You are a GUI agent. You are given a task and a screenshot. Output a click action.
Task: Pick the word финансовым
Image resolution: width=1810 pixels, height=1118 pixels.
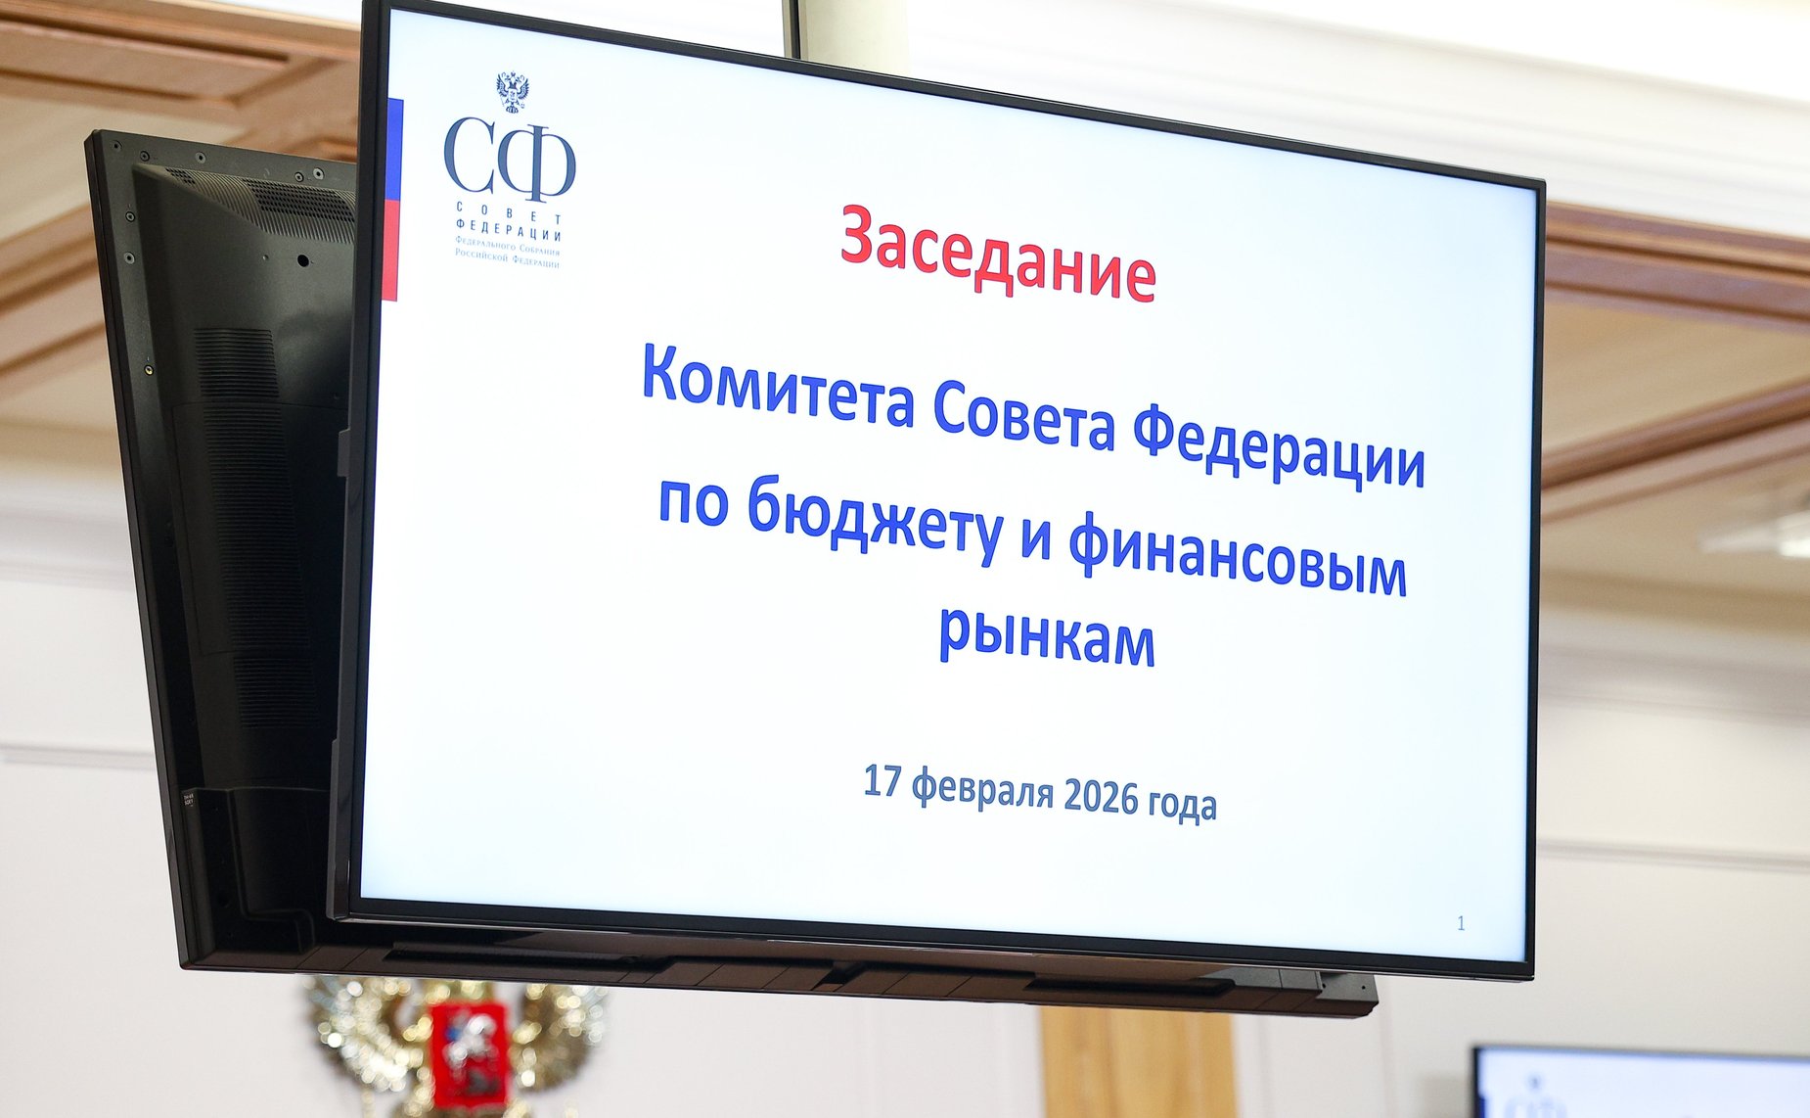[x=1238, y=558]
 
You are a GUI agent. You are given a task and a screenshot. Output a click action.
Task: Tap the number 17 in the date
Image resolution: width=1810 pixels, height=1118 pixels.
[x=882, y=781]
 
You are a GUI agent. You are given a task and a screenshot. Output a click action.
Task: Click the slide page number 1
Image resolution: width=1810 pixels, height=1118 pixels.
[x=1461, y=923]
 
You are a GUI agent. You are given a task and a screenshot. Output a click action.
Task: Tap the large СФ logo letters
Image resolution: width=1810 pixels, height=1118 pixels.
[x=509, y=157]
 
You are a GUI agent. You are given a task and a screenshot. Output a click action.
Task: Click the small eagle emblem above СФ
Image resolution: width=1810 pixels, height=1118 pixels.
[x=512, y=91]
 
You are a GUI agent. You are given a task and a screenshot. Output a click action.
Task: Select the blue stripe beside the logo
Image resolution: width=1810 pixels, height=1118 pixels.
[x=394, y=147]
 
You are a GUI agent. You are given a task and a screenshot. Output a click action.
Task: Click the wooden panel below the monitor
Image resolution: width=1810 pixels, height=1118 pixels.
[x=1135, y=1062]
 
